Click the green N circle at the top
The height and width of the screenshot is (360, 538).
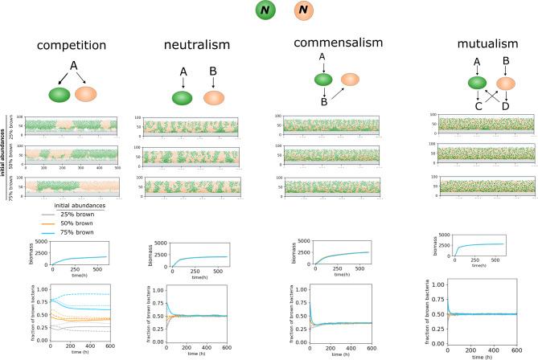pos(266,10)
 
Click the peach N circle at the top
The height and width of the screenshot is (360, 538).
pos(304,10)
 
